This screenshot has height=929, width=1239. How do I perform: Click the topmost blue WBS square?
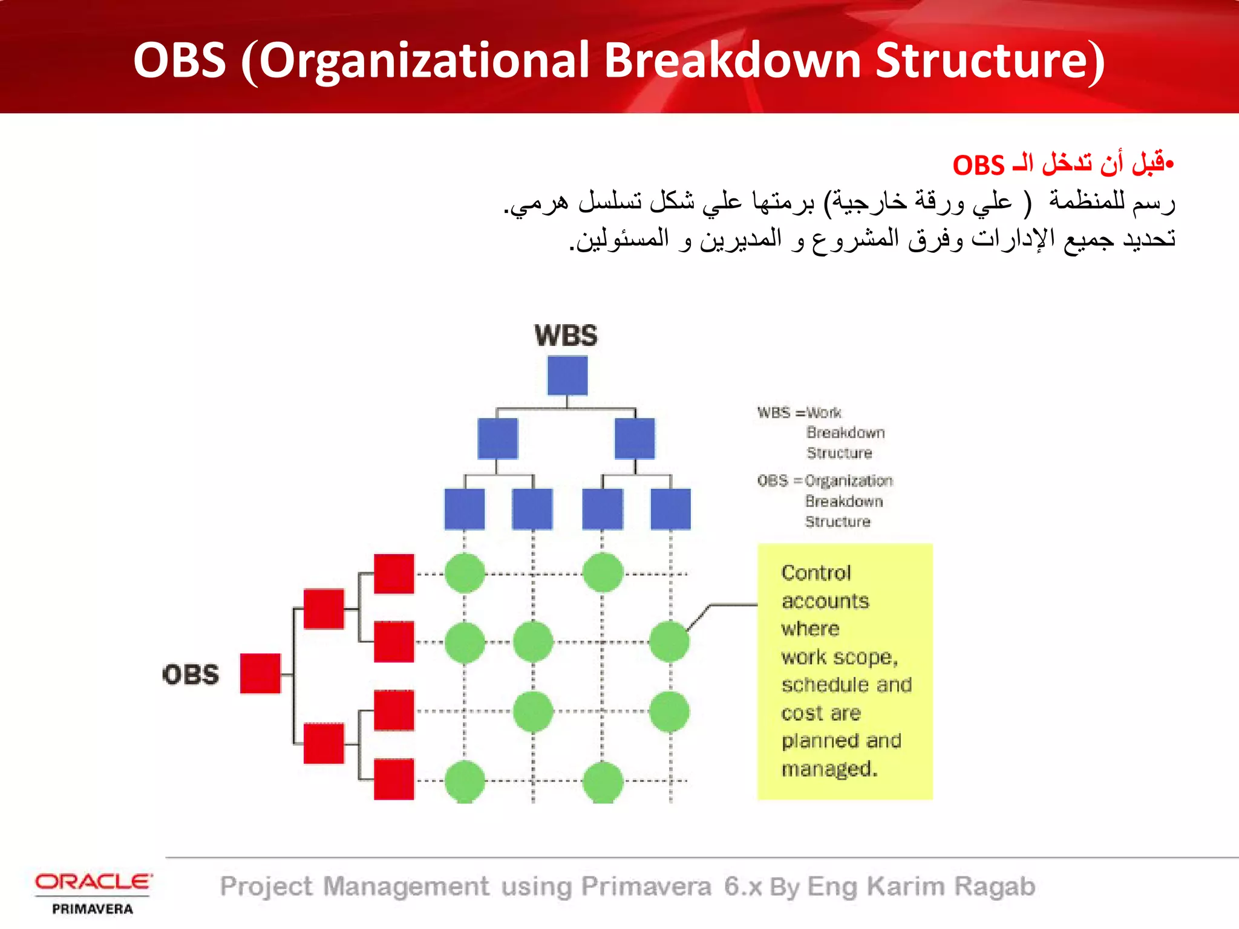[567, 376]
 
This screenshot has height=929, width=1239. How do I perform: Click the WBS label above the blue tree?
[566, 336]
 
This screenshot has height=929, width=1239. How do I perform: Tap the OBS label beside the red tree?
[191, 674]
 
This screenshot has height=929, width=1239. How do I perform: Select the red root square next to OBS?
[260, 673]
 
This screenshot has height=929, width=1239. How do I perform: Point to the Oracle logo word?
[93, 881]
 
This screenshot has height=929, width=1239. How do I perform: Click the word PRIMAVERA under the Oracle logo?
[93, 909]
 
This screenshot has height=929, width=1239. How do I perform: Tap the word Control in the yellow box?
[816, 573]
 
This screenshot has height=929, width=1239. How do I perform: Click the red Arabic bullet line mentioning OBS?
[1062, 165]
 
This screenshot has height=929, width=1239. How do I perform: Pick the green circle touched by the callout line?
[669, 642]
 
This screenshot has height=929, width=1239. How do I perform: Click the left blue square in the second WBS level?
[497, 438]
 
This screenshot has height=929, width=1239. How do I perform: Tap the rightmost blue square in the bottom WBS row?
[670, 509]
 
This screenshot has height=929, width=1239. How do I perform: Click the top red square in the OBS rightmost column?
[394, 574]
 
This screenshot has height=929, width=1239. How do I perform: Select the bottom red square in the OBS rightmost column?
[394, 779]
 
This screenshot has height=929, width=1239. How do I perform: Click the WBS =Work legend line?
[799, 412]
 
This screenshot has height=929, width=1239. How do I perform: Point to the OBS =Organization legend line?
[825, 481]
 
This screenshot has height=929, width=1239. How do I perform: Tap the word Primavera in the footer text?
[646, 887]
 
